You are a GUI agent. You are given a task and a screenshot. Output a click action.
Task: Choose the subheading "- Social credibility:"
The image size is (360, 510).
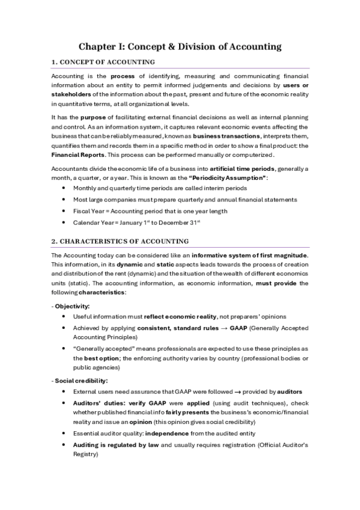point(79,381)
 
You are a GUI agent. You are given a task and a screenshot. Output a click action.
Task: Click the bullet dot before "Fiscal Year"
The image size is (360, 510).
point(65,211)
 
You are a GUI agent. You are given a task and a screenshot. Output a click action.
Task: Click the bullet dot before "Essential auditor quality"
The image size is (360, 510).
point(65,432)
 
